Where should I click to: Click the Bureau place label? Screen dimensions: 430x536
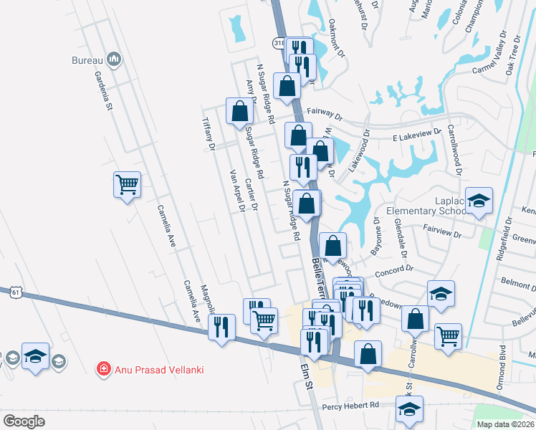coord(87,60)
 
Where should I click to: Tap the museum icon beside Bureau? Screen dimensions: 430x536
coord(113,59)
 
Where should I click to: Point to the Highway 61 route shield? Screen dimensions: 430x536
coord(16,292)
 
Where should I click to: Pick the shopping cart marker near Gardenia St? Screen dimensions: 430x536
coord(128,185)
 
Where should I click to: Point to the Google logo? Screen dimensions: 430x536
coord(24,421)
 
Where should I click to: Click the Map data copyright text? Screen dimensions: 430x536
coord(504,424)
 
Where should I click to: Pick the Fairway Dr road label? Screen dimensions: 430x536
coord(325,113)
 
